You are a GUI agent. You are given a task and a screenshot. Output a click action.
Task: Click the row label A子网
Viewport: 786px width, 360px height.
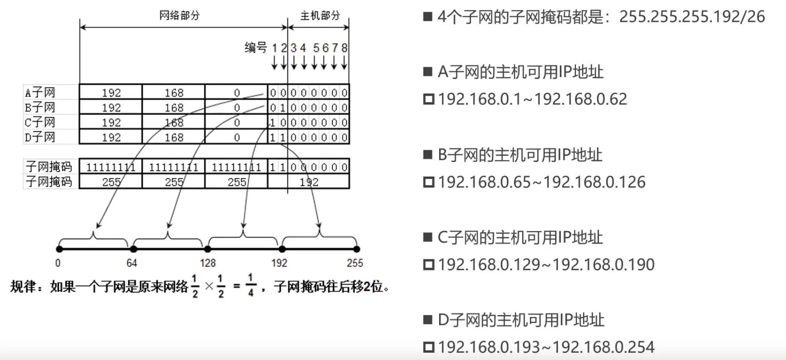40,93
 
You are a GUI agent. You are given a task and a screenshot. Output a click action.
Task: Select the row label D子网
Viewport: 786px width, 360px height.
40,137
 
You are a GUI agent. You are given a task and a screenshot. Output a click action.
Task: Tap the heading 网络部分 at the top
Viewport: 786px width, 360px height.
179,16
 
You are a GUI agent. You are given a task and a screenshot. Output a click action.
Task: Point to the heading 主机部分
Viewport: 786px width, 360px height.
320,16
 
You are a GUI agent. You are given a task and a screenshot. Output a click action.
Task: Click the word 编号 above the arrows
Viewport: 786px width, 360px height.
256,47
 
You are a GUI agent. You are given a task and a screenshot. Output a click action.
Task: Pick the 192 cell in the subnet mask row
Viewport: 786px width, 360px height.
309,182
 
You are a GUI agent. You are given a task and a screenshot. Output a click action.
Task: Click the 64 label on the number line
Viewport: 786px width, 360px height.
132,263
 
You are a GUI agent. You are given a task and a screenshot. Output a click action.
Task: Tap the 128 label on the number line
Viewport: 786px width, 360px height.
208,263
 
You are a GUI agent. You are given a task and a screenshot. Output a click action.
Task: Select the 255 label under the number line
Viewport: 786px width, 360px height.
355,263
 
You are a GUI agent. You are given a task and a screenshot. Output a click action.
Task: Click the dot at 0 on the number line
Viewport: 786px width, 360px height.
59,249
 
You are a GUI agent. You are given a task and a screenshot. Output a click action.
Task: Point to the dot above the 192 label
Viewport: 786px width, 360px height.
282,249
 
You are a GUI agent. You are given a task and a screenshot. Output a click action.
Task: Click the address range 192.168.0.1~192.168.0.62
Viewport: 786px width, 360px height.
532,99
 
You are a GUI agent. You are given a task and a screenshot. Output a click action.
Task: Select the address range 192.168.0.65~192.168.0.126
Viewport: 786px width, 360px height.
541,182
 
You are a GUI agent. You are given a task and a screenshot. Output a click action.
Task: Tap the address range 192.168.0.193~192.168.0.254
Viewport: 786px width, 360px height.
546,347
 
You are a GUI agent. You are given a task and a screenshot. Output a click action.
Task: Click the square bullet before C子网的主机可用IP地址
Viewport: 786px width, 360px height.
427,237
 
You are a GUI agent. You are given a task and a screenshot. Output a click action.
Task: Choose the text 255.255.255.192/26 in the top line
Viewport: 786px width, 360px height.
692,17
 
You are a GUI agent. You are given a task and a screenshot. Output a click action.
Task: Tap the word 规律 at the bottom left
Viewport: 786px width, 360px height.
23,287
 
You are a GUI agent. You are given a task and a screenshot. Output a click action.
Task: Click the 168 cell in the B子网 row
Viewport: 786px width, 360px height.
174,108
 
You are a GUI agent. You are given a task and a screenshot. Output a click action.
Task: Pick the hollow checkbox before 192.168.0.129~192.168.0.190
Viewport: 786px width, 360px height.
428,265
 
